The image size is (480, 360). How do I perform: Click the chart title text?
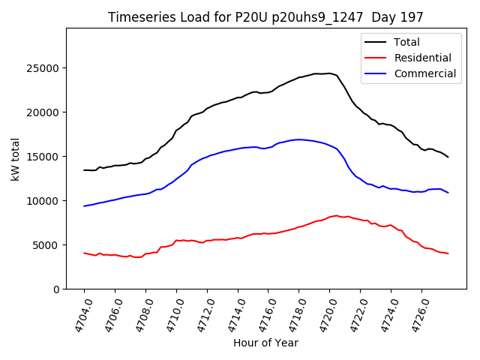coord(265,17)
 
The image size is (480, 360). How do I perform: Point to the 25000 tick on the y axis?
coord(44,68)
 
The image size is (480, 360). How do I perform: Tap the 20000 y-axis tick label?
coord(44,112)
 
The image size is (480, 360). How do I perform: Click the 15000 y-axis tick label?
coord(44,157)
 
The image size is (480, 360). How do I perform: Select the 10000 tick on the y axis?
coord(44,201)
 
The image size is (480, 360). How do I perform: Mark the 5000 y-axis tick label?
coord(47,245)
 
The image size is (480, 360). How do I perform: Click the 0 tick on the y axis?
coord(56,289)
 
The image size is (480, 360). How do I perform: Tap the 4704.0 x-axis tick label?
coord(78,315)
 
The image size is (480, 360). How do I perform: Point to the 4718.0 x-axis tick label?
coord(292,315)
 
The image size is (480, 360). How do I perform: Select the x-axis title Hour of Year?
coord(265,343)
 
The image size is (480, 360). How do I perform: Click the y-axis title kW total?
coord(16,158)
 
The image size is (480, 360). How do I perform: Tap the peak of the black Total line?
coord(328,73)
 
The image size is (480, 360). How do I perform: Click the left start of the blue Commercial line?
coord(84,206)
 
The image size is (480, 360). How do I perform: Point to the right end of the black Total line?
coord(448,157)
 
